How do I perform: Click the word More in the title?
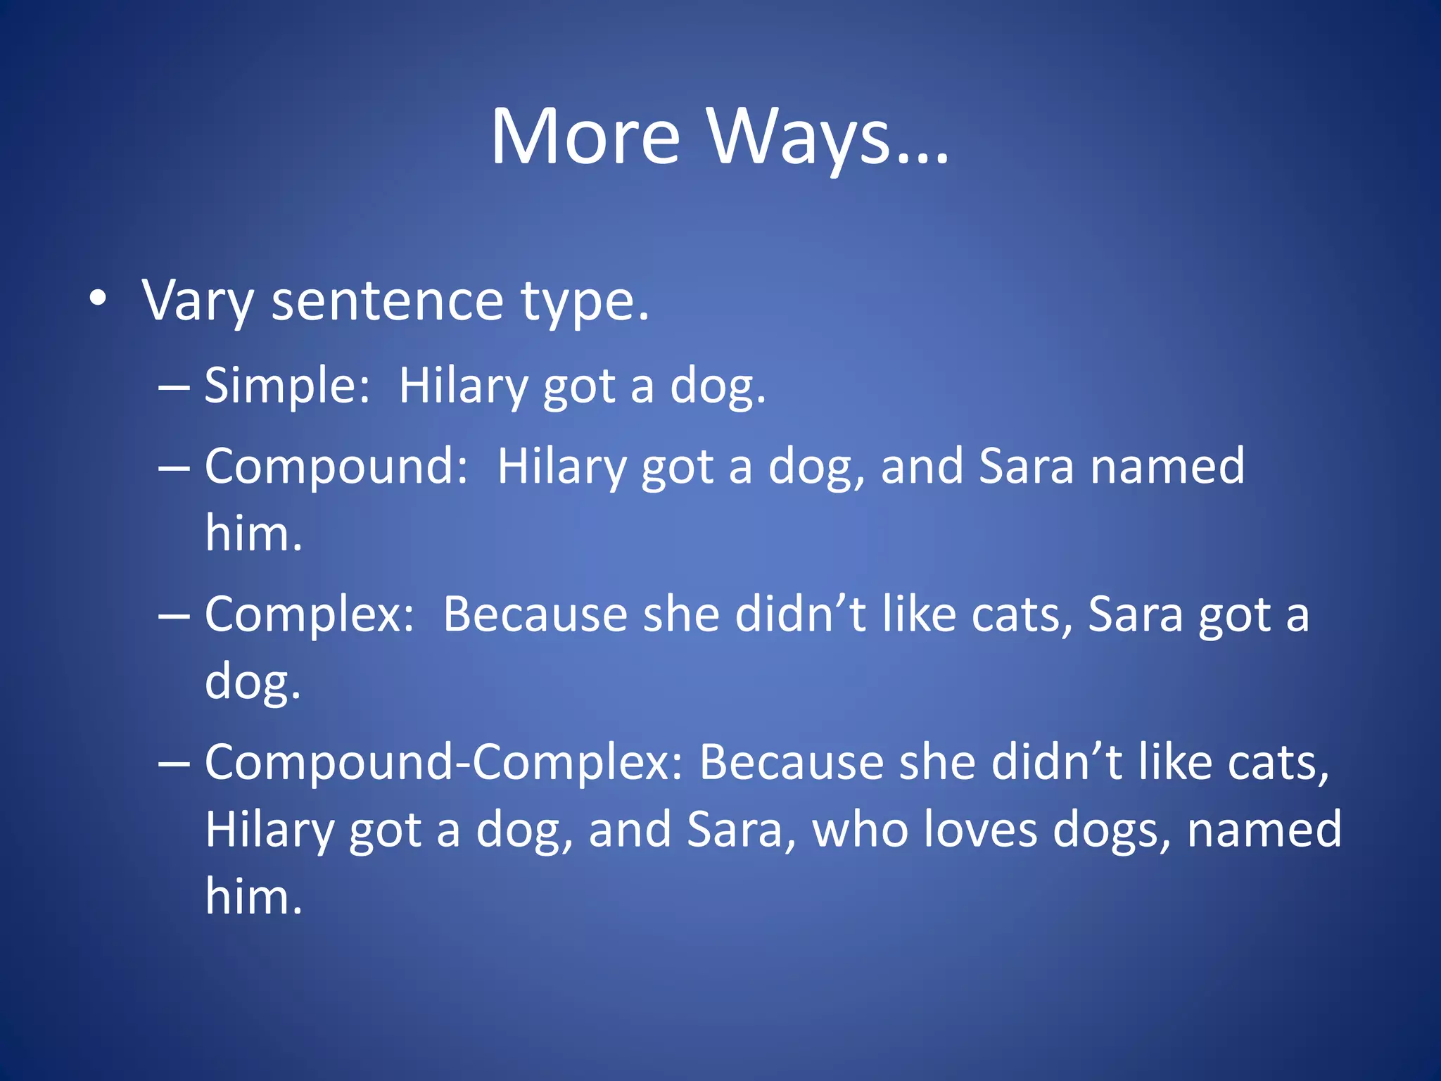[585, 137]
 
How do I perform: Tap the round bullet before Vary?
[99, 298]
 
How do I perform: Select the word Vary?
[197, 301]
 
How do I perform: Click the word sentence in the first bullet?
[387, 301]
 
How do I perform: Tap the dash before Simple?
[174, 386]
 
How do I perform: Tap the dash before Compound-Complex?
[174, 763]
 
